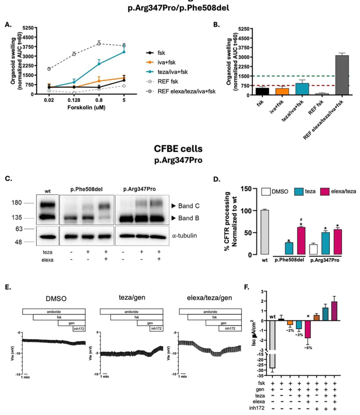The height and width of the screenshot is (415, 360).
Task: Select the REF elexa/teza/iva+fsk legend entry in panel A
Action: point(186,91)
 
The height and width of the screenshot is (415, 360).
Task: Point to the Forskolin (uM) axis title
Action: point(86,108)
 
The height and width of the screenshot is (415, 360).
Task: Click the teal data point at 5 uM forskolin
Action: point(124,52)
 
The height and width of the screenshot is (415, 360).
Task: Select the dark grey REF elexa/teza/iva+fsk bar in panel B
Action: point(342,75)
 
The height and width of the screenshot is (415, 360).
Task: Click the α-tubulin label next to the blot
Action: point(184,235)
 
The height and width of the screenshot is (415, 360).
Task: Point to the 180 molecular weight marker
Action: point(16,203)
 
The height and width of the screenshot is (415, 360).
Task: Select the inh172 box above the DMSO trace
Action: point(79,328)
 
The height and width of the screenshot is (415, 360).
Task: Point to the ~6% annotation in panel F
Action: point(307,348)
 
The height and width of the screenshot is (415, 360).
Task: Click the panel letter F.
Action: point(247,287)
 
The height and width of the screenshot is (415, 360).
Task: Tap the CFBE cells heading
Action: point(178,149)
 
